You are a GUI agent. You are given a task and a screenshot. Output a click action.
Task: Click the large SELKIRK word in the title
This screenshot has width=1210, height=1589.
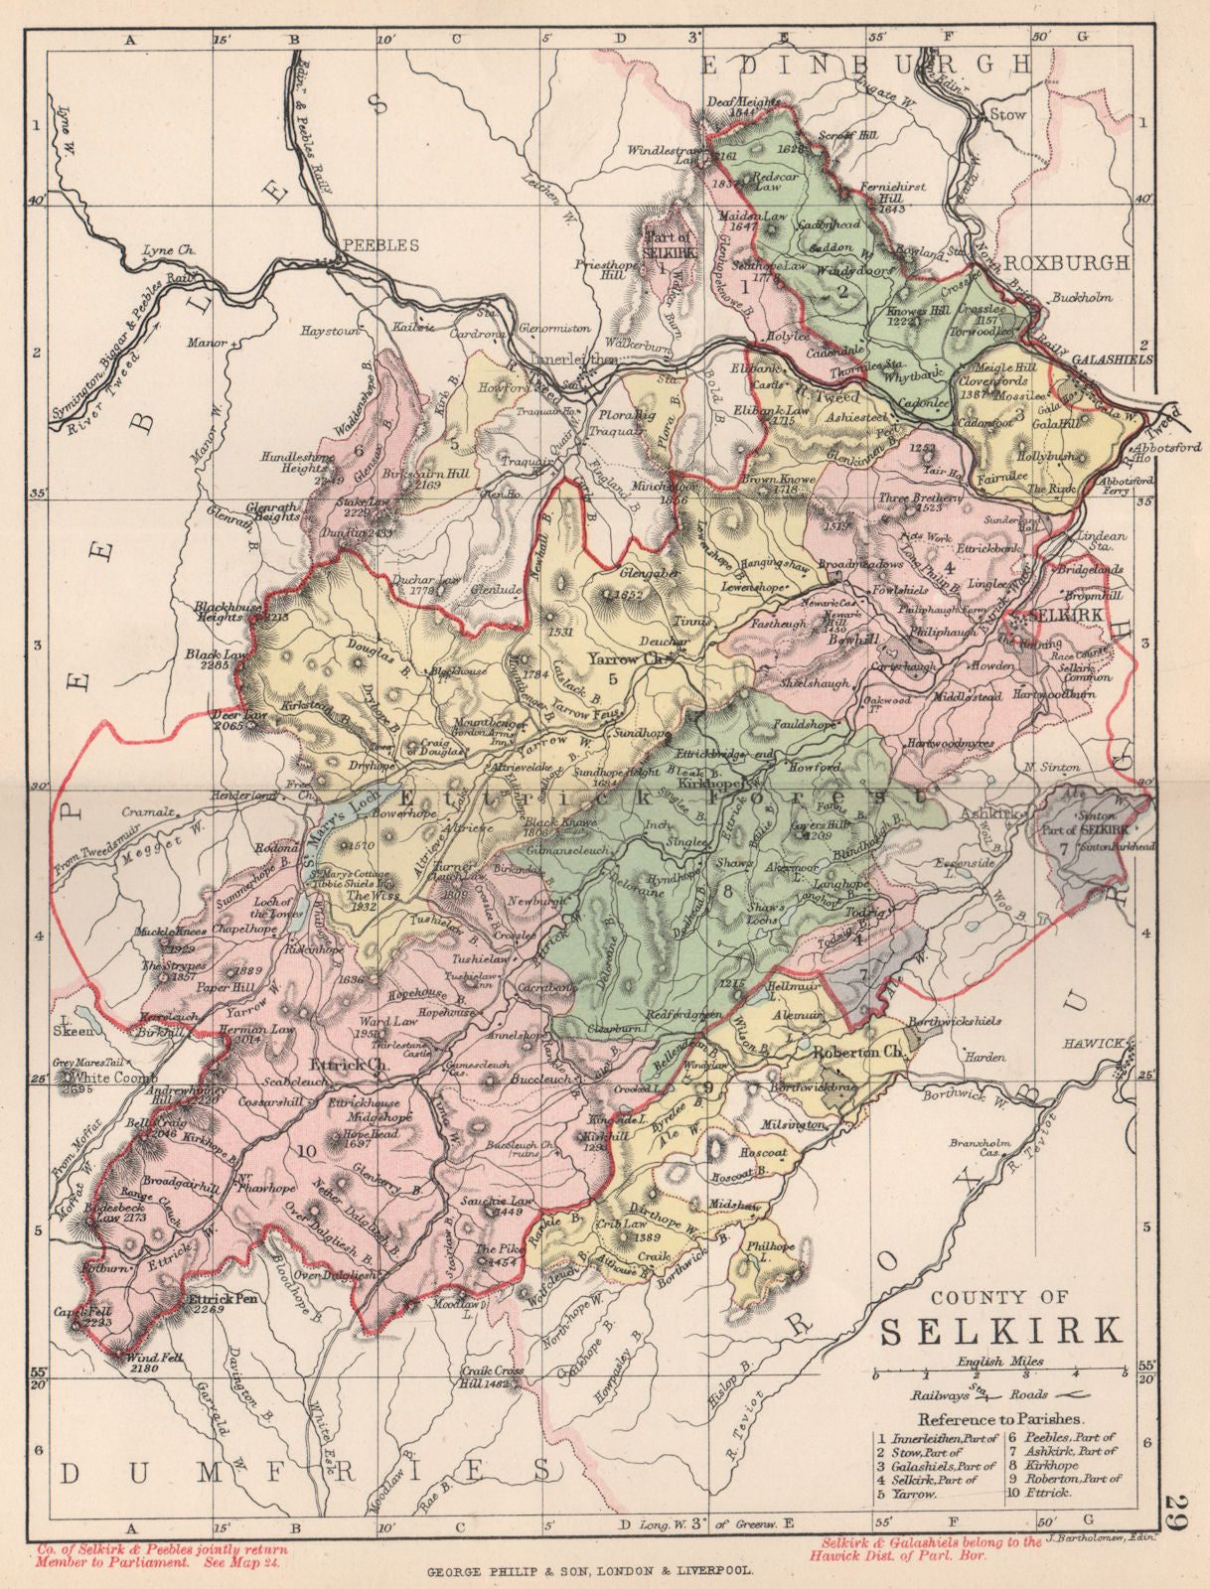click(x=1003, y=1330)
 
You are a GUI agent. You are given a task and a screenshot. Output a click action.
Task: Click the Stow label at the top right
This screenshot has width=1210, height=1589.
click(x=1007, y=115)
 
